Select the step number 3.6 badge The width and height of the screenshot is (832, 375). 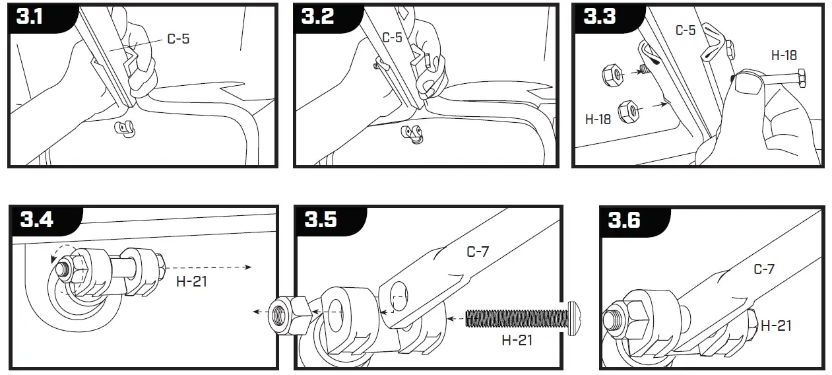click(x=624, y=220)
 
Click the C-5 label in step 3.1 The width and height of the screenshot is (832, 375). click(x=177, y=39)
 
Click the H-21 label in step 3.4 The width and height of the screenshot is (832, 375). click(x=191, y=282)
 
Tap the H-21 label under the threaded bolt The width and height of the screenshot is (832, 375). click(x=517, y=341)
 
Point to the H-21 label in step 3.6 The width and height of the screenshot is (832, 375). click(x=776, y=325)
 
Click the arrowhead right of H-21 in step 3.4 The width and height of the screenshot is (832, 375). click(x=248, y=267)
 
